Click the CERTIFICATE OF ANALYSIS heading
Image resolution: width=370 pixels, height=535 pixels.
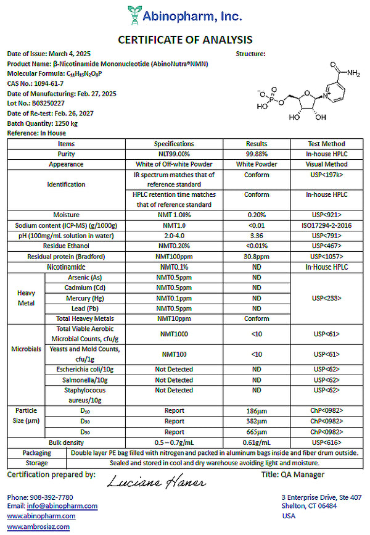(x=185, y=40)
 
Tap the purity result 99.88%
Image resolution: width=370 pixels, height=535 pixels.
(x=256, y=154)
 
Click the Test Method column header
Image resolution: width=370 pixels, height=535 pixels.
(x=326, y=143)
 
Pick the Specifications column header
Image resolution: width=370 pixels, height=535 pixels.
(x=173, y=143)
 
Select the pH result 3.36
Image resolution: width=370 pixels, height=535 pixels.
(x=256, y=236)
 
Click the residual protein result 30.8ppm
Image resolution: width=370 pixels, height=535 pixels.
(x=256, y=256)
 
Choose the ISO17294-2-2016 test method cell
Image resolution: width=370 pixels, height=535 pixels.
(x=326, y=225)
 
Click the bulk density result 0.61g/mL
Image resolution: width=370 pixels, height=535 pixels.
(x=256, y=443)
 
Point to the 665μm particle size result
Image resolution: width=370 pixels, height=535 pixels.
(x=256, y=432)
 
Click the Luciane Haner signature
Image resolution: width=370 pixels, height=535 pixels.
(x=156, y=481)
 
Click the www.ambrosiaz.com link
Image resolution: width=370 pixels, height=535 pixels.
(x=38, y=526)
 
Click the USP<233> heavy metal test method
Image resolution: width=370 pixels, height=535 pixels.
(x=326, y=298)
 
